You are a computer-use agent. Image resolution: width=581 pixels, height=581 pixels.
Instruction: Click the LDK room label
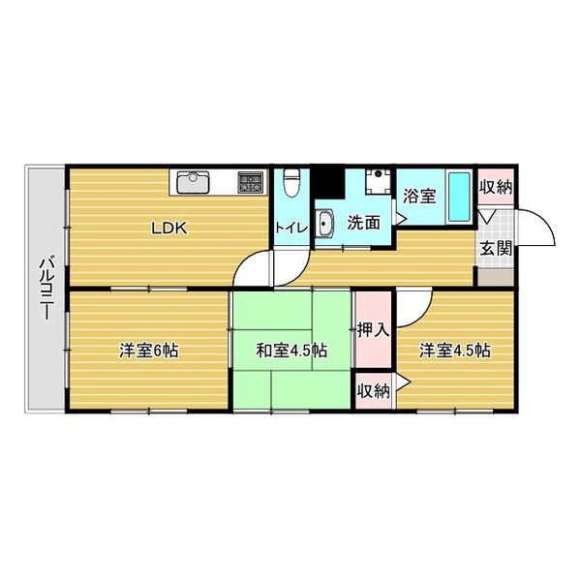169,228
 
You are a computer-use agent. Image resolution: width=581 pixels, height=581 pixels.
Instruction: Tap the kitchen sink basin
193,182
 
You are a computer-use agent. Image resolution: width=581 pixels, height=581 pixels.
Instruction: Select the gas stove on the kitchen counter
251,182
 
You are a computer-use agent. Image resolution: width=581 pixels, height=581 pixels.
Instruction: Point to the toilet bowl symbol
291,182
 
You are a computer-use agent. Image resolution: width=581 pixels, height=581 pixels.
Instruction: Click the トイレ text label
291,228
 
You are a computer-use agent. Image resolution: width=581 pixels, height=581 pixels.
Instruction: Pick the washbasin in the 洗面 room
325,223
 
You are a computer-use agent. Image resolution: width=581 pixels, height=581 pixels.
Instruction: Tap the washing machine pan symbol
378,182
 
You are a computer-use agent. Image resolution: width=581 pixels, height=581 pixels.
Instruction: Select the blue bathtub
459,197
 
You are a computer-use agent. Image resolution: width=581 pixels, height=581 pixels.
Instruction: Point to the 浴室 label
419,196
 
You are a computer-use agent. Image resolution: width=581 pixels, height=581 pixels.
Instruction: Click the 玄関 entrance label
496,248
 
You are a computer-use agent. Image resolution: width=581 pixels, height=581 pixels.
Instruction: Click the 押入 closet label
374,329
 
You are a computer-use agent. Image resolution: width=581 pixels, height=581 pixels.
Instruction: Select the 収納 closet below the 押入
374,391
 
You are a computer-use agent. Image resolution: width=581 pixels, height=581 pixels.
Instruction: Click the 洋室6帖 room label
148,351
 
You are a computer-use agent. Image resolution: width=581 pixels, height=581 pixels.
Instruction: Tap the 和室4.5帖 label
291,351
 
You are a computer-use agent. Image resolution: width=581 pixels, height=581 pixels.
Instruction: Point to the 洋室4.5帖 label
455,351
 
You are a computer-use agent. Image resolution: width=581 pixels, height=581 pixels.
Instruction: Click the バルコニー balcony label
46,287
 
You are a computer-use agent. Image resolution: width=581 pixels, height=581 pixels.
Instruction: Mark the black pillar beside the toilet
327,183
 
